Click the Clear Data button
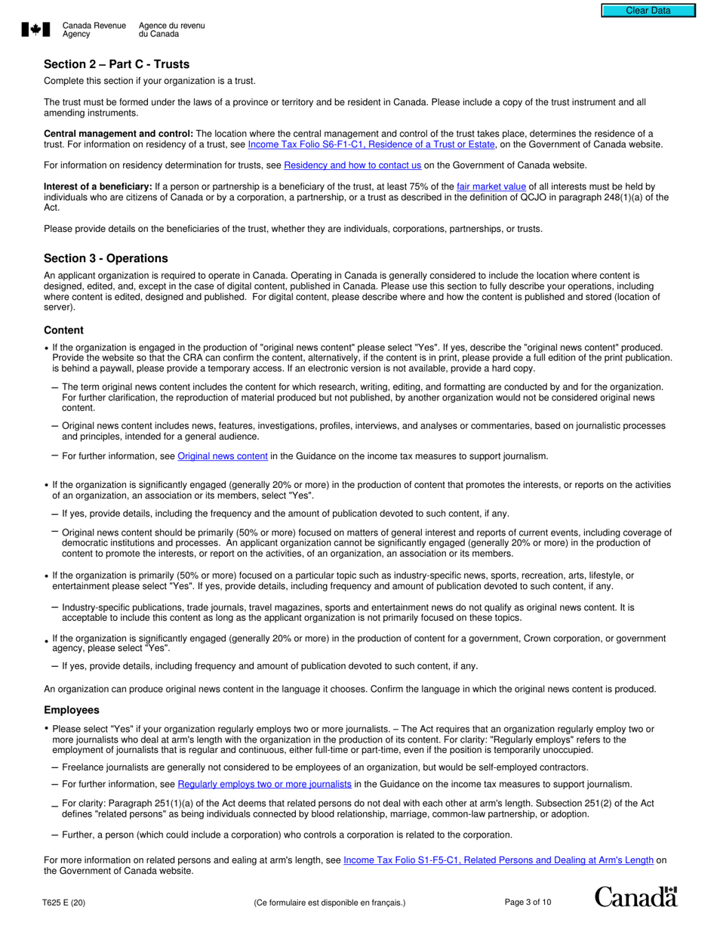(x=648, y=11)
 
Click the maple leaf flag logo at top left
(x=35, y=29)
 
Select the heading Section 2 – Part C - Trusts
(x=116, y=64)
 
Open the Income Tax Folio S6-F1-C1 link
(x=371, y=144)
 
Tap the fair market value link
(x=491, y=187)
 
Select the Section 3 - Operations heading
(x=106, y=258)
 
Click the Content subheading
(x=63, y=330)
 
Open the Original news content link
(x=222, y=456)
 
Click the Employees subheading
(x=71, y=711)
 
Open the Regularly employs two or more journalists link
(x=265, y=785)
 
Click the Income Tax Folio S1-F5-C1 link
(x=498, y=860)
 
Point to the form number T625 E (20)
(x=64, y=903)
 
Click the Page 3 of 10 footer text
(x=528, y=903)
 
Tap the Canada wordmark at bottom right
(x=635, y=897)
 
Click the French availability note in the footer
(x=330, y=903)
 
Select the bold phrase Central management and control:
(x=118, y=134)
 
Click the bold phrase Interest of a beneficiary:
(x=98, y=187)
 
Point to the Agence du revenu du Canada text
(x=171, y=29)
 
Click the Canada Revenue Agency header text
(x=94, y=29)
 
